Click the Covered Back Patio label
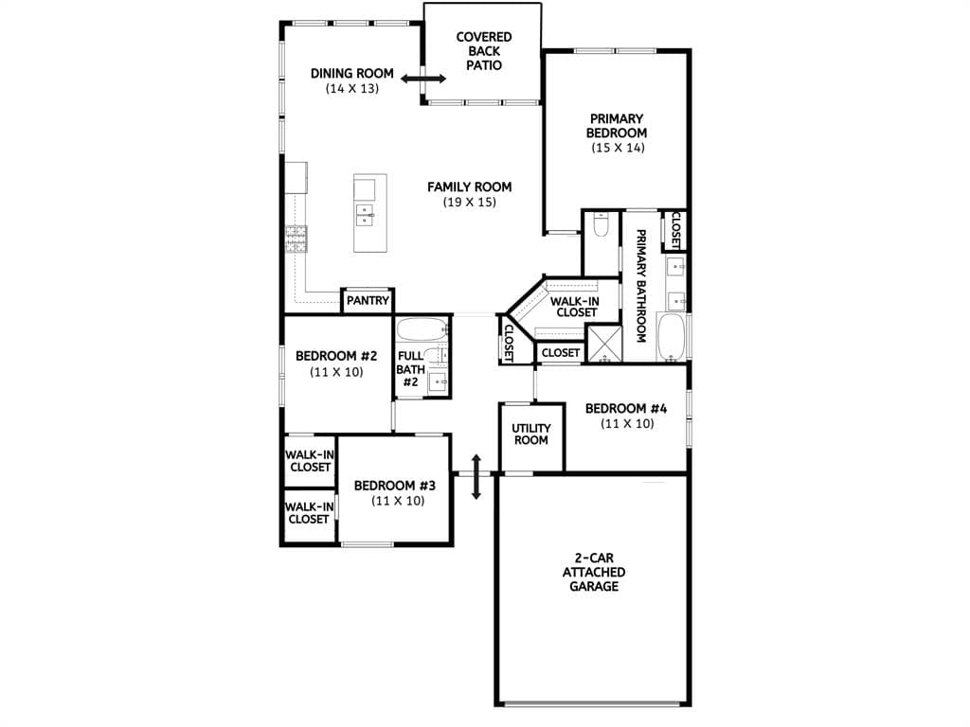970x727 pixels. pos(484,51)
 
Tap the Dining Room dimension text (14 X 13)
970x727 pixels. pos(352,88)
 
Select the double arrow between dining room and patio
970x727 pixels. pos(423,79)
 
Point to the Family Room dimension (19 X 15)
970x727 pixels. pos(470,203)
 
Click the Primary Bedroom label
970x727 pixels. pos(617,126)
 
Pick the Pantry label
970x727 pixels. pos(368,301)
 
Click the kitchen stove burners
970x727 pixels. pos(296,239)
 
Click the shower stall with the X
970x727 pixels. pos(603,343)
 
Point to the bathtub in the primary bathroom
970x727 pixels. pos(672,338)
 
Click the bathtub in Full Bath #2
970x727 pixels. pos(422,328)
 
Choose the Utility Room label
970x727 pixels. pos(530,434)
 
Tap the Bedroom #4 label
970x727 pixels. pos(626,409)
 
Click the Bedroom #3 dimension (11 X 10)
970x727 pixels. pos(398,501)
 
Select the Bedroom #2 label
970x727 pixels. pos(336,356)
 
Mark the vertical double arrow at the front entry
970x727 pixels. pos(476,477)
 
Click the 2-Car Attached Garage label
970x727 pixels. pos(594,572)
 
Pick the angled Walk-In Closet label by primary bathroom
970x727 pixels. pos(575,307)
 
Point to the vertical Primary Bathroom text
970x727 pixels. pos(641,286)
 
